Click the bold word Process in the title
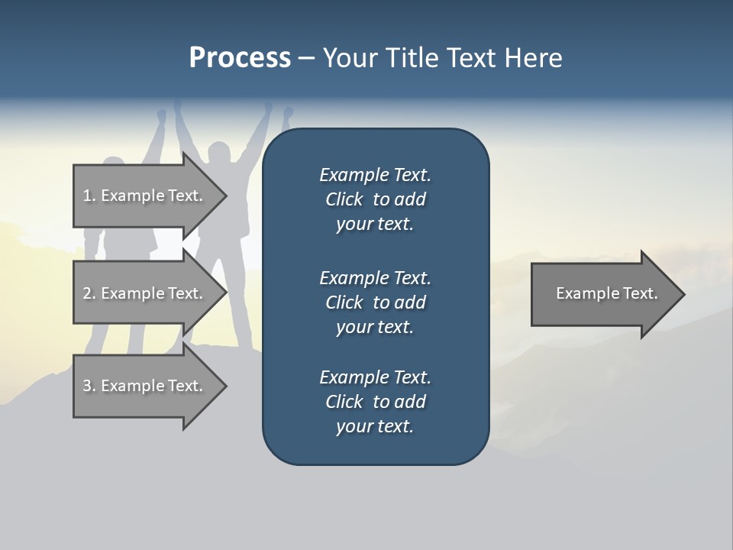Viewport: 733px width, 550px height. (240, 58)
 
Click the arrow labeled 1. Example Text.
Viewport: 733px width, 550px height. (150, 196)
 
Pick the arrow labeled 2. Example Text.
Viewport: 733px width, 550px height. (150, 293)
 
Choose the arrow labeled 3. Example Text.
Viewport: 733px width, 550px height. (150, 386)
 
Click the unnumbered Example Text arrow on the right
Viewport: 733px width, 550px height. (608, 294)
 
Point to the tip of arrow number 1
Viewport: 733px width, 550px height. (227, 196)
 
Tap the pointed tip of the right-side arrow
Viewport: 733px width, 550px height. (685, 294)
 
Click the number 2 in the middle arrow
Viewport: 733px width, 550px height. (88, 293)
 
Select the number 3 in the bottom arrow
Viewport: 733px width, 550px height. (88, 386)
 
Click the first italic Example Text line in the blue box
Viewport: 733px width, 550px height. (376, 175)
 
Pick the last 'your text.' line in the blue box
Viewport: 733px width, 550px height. (375, 426)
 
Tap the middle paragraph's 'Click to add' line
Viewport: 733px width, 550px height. (376, 302)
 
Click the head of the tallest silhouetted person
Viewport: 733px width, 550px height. (219, 153)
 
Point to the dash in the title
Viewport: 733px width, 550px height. (307, 59)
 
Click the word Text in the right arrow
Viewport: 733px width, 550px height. (641, 293)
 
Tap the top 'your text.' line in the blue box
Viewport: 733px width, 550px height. (375, 224)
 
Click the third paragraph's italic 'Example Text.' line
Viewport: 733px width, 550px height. (376, 377)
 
